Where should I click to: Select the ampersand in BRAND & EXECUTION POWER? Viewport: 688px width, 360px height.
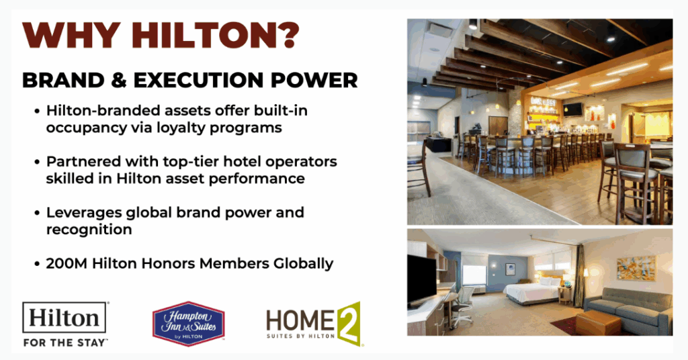click(x=119, y=80)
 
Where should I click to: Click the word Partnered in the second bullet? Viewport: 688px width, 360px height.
click(x=83, y=161)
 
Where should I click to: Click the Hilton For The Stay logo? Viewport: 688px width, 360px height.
click(x=65, y=324)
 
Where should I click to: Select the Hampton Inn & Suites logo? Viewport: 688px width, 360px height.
click(x=188, y=324)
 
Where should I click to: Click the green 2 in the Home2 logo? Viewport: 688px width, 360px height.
click(x=349, y=324)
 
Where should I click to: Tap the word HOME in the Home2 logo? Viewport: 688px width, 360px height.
click(x=301, y=320)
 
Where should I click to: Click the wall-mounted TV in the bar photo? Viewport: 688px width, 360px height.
click(x=572, y=109)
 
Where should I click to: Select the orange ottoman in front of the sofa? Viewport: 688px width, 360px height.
click(x=598, y=323)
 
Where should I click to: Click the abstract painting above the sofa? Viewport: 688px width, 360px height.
click(x=636, y=269)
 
